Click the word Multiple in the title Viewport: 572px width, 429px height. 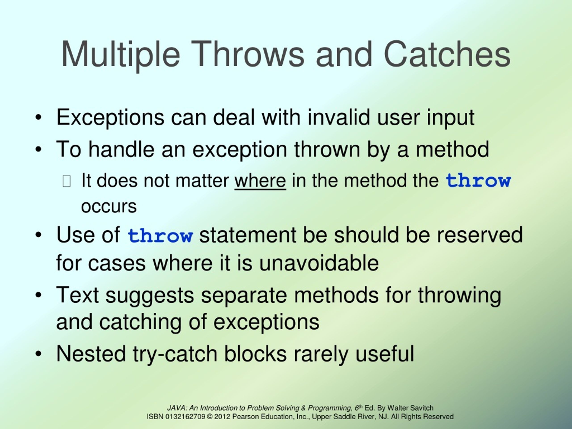coord(120,55)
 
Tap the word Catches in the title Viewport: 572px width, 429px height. coord(447,55)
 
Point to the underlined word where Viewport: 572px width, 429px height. coord(260,181)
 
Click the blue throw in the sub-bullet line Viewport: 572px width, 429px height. coord(478,181)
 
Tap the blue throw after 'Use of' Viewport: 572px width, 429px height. coord(160,236)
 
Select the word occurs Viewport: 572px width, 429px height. coord(109,207)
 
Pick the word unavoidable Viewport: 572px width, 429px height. coord(319,263)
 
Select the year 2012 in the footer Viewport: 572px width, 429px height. coord(222,416)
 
